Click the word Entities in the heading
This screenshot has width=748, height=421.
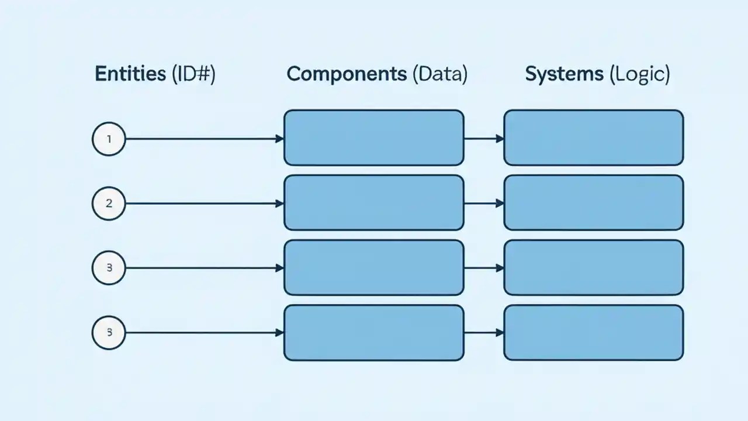[x=130, y=74]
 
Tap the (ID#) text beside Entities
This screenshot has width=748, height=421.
[x=193, y=74]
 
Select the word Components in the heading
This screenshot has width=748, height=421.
[x=346, y=74]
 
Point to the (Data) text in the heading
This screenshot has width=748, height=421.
[x=439, y=74]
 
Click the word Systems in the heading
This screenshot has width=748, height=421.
[x=564, y=74]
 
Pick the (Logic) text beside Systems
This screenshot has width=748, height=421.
[x=639, y=74]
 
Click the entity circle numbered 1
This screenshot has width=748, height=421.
[x=109, y=139]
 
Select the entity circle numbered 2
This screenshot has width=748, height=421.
[x=109, y=203]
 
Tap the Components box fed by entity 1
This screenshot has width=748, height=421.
[x=373, y=138]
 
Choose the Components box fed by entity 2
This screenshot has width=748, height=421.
[x=373, y=203]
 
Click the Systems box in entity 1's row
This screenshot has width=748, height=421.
[x=593, y=138]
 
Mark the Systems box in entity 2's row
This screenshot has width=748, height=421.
[x=593, y=203]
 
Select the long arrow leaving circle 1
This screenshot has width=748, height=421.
[x=205, y=139]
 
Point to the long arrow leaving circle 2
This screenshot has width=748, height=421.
[x=205, y=203]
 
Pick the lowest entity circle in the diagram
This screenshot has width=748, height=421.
[x=109, y=333]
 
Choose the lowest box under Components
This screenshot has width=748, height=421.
[x=373, y=333]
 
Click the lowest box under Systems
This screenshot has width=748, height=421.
[x=593, y=333]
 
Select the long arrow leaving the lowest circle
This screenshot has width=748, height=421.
[x=205, y=333]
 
